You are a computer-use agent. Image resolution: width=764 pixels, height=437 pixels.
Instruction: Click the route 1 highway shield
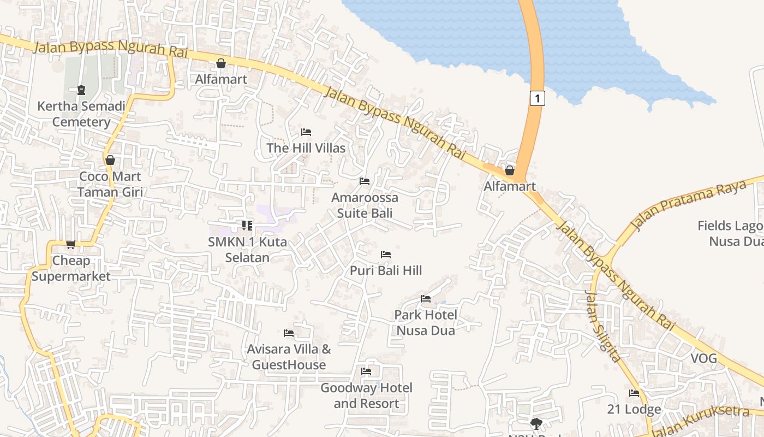pos(538,98)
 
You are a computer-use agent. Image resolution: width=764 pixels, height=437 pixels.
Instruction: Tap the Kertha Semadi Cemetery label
pos(81,114)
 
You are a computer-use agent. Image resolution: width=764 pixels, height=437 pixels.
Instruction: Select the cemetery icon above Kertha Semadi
pos(81,90)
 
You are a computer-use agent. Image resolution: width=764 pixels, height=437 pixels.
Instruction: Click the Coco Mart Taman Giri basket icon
pos(110,160)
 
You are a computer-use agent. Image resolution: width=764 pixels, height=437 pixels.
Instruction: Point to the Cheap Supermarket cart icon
pos(70,244)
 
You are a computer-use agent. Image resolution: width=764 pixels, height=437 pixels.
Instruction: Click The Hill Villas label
pos(306,148)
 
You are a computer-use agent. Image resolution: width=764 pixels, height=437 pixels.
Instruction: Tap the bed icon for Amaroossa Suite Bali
pos(365,181)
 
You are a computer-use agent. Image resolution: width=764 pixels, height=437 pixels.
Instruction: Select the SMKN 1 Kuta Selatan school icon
pos(247,225)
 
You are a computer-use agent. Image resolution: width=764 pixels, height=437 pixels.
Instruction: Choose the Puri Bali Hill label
pos(386,270)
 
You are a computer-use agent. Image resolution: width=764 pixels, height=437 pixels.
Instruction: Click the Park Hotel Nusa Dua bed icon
pos(426,298)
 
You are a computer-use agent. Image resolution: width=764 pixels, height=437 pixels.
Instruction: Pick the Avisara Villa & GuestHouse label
pos(289,357)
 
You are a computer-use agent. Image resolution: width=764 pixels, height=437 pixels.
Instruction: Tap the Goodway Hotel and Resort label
pos(366,395)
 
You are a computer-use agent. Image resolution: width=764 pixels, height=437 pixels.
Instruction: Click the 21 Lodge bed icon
pos(634,393)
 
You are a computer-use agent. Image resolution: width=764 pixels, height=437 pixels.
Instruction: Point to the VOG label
pos(703,359)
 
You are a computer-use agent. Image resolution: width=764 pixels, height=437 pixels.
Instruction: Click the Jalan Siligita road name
pos(602,326)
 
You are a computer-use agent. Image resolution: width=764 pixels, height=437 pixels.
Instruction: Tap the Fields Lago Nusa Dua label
pos(731,233)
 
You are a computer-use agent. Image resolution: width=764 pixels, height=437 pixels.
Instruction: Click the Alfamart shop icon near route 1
pos(510,170)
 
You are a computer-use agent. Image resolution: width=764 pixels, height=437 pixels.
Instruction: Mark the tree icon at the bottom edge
pos(536,423)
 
